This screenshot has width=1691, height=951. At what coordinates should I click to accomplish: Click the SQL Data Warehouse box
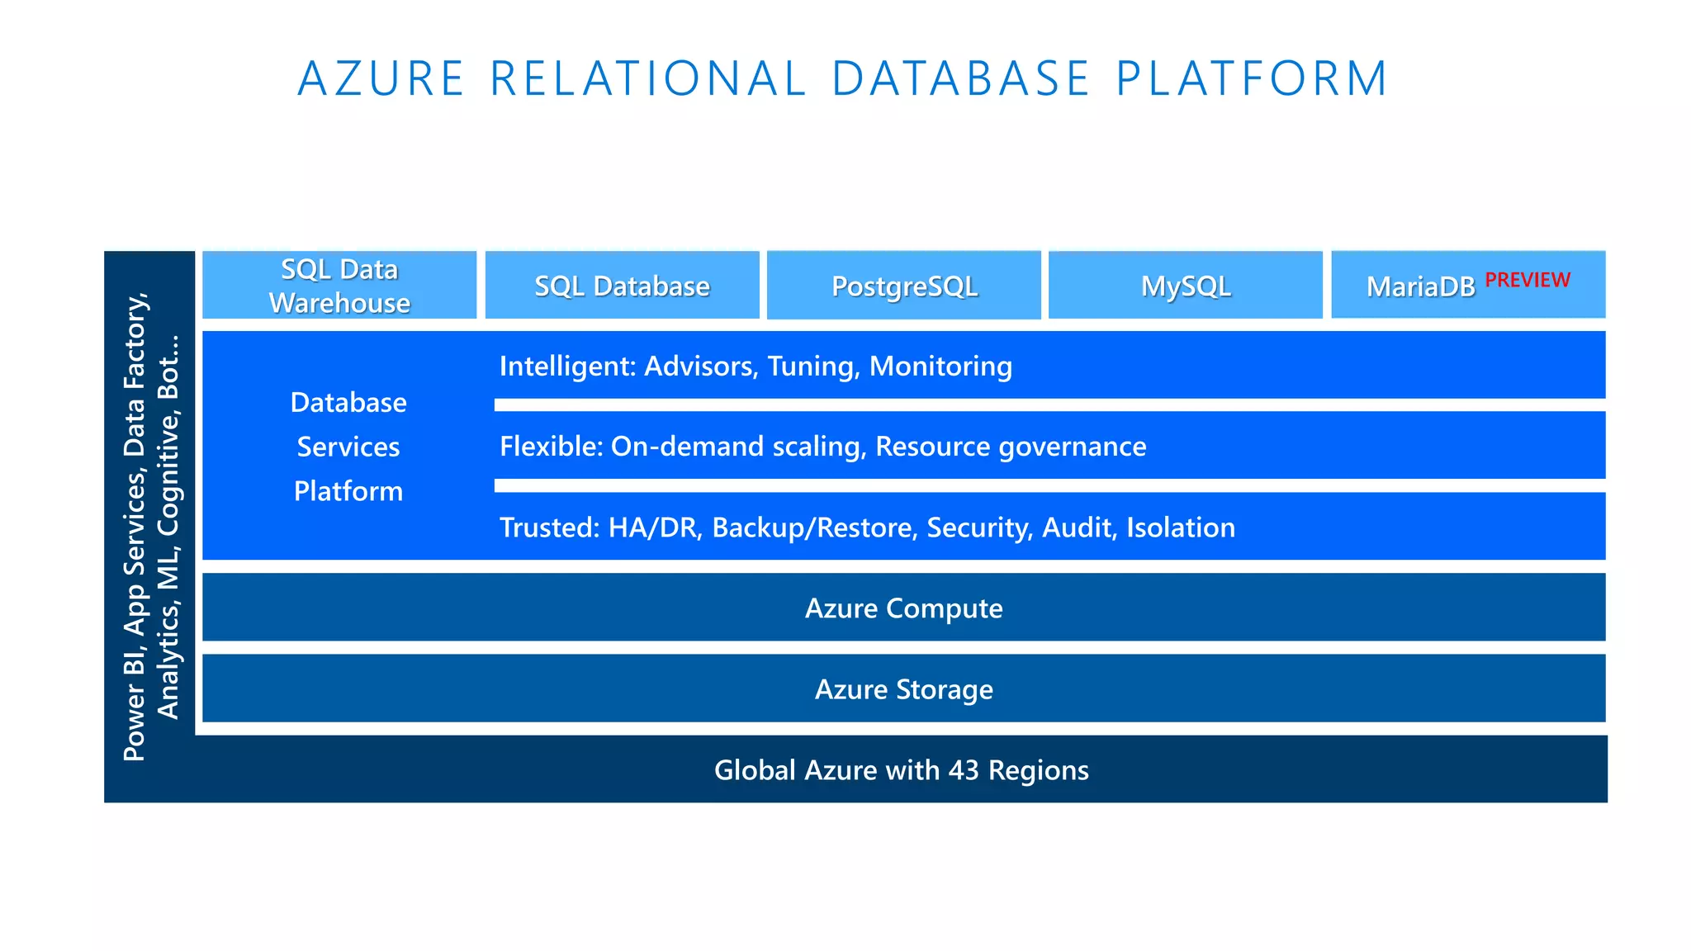click(339, 286)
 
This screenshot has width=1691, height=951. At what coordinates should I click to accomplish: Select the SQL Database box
click(622, 286)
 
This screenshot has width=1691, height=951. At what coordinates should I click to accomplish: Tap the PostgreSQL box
click(904, 286)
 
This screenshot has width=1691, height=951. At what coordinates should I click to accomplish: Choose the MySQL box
click(1186, 286)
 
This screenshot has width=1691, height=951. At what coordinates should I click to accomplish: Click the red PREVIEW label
click(1528, 280)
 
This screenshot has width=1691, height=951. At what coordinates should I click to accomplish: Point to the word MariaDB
click(1420, 286)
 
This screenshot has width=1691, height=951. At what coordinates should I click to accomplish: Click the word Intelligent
click(566, 366)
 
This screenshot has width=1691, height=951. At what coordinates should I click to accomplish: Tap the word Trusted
click(548, 528)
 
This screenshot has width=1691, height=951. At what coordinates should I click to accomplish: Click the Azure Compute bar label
click(903, 608)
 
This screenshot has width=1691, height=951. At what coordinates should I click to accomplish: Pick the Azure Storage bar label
click(903, 689)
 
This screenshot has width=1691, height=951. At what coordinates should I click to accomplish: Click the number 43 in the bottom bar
click(964, 770)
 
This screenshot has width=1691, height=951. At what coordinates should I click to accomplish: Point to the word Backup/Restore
click(814, 528)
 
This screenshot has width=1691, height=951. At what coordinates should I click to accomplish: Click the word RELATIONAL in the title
click(648, 79)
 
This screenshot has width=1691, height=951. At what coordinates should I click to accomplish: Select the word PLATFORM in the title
click(1252, 79)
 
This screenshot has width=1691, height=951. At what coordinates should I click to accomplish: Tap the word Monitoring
click(940, 366)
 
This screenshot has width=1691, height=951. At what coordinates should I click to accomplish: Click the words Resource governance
click(1011, 447)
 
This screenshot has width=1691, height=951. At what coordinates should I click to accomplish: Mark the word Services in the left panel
click(348, 447)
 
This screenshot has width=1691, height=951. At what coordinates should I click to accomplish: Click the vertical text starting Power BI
click(135, 528)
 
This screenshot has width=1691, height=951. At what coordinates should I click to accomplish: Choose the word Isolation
click(1181, 528)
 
